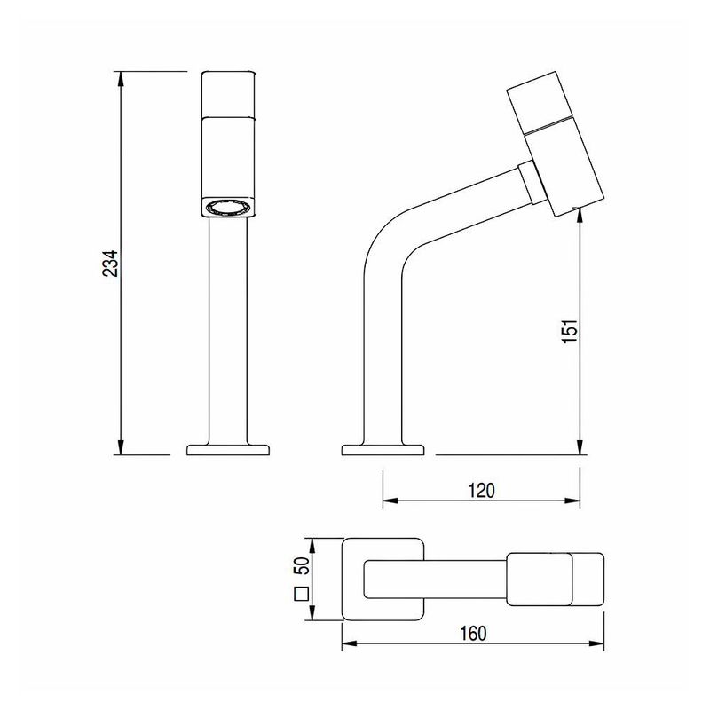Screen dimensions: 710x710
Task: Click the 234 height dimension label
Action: click(110, 263)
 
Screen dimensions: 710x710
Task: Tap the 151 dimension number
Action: click(570, 330)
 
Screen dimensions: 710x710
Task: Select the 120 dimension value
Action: click(481, 491)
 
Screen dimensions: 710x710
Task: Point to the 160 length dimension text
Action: click(473, 634)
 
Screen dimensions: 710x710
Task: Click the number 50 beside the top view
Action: click(302, 565)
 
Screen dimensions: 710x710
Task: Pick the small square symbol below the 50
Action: click(302, 594)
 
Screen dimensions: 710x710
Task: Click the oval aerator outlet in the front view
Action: click(227, 208)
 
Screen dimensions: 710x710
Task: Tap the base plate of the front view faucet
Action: click(228, 450)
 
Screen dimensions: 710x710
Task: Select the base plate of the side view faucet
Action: click(383, 450)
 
